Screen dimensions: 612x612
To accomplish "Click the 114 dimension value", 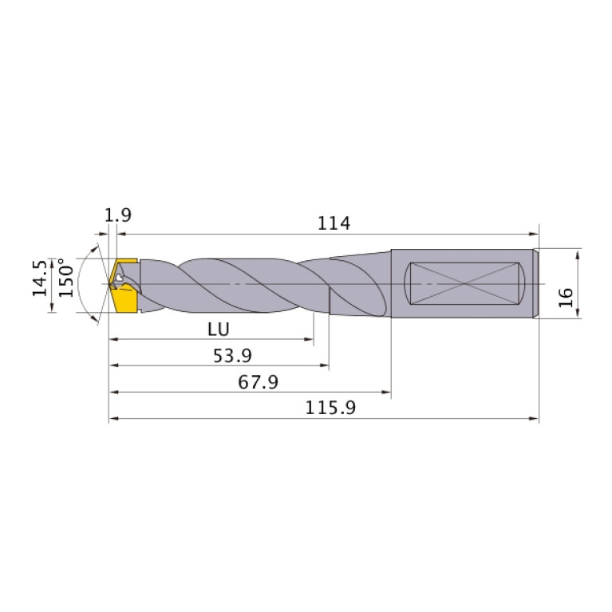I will coord(334,223).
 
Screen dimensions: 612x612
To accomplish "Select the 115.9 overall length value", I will coord(330,408).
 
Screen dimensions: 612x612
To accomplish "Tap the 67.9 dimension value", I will coord(257,382).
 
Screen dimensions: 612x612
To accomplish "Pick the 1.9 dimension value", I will coord(117,215).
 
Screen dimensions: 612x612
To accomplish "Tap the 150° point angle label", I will coord(67,282).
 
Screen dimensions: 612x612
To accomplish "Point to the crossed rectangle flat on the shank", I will coord(464,283).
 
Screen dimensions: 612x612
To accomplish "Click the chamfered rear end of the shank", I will coord(535,283).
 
